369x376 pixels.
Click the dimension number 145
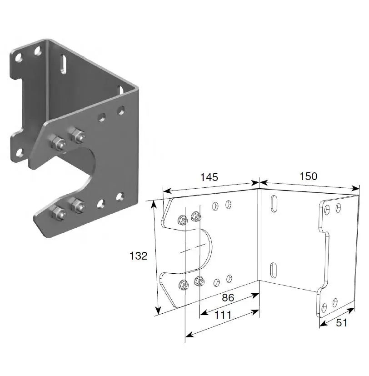(x=209, y=177)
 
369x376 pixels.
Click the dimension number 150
(x=309, y=176)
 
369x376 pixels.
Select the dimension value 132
(x=139, y=256)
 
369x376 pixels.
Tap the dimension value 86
(x=228, y=298)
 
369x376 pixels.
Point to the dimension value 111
(x=223, y=315)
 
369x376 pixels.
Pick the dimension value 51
(x=341, y=323)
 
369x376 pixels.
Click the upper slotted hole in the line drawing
(x=274, y=204)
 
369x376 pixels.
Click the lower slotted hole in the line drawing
(x=274, y=270)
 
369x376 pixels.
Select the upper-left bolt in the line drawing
(x=182, y=220)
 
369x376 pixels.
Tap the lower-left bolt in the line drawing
(x=184, y=285)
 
